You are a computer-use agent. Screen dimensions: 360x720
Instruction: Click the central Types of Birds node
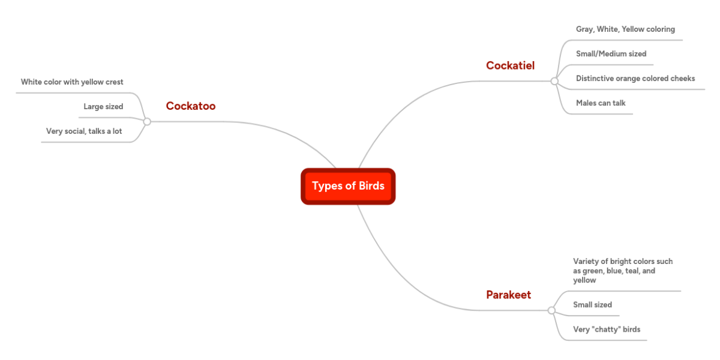coord(348,186)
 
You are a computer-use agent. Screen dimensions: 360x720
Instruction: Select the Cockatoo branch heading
coord(190,106)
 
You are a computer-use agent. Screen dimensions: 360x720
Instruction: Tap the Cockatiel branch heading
coord(510,65)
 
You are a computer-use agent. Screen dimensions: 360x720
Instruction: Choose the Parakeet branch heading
coord(508,295)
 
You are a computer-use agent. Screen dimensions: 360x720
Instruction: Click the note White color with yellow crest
coord(72,82)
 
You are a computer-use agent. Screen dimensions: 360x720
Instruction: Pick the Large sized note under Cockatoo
coord(103,107)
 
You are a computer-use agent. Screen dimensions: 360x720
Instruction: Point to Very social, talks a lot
coord(84,131)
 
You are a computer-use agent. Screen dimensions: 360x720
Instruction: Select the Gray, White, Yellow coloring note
coord(625,29)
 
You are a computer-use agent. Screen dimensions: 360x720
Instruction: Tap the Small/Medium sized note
coord(611,53)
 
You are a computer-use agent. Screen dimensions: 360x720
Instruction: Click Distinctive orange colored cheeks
coord(635,78)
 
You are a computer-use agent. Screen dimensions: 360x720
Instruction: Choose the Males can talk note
coord(601,103)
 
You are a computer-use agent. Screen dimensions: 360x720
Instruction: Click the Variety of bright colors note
coord(623,271)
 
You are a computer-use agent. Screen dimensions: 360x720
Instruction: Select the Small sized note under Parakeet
coord(592,304)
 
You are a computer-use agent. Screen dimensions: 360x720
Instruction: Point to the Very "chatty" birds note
coord(607,329)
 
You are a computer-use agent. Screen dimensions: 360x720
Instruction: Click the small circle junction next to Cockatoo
coord(147,121)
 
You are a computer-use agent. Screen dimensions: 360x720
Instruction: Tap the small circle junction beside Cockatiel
coord(554,80)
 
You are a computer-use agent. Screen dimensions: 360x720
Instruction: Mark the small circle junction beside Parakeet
coord(551,310)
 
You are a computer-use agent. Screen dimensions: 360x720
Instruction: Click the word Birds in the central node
coord(371,186)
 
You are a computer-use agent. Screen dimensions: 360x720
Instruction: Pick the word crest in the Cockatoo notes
coord(113,82)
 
